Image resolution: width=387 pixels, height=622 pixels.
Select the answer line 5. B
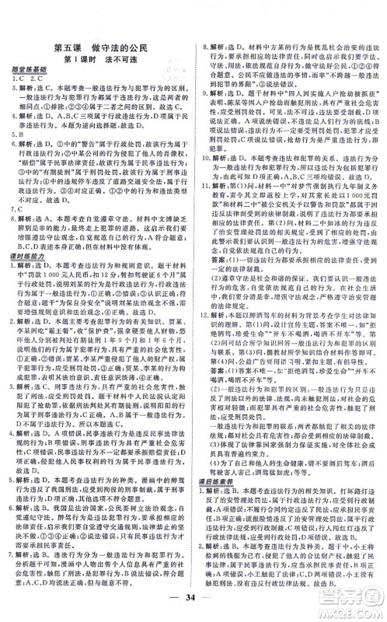pyautogui.click(x=16, y=142)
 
